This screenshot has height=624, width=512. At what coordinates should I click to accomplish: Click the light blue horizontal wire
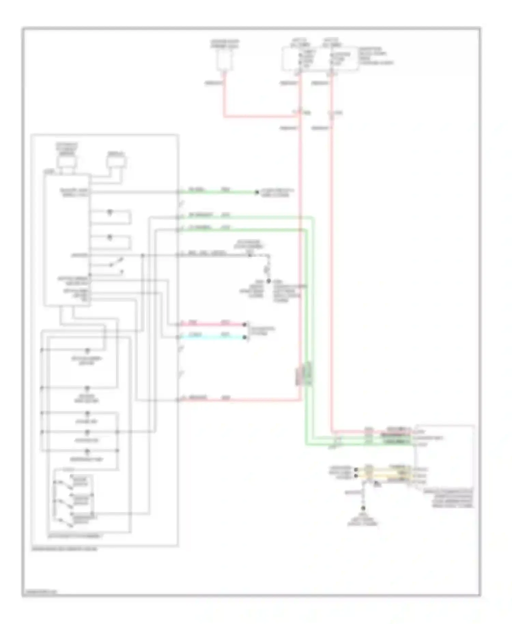tap(212, 337)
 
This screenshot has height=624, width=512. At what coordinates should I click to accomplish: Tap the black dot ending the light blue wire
tap(244, 337)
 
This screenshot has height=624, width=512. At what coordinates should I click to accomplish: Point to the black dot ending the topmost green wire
tap(257, 192)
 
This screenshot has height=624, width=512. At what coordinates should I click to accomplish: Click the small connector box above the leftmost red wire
tap(224, 61)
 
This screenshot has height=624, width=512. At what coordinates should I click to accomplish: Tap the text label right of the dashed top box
tap(375, 56)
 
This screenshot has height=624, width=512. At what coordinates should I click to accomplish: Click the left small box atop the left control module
tap(67, 162)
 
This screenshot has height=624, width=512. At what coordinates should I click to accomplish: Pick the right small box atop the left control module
tap(116, 162)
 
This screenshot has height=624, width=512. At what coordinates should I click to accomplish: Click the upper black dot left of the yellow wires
tap(356, 470)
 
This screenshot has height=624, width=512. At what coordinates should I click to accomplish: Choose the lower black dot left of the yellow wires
tap(356, 476)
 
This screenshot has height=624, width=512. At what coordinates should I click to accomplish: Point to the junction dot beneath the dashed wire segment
tap(268, 281)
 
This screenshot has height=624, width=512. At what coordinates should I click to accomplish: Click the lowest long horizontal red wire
tap(239, 400)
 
